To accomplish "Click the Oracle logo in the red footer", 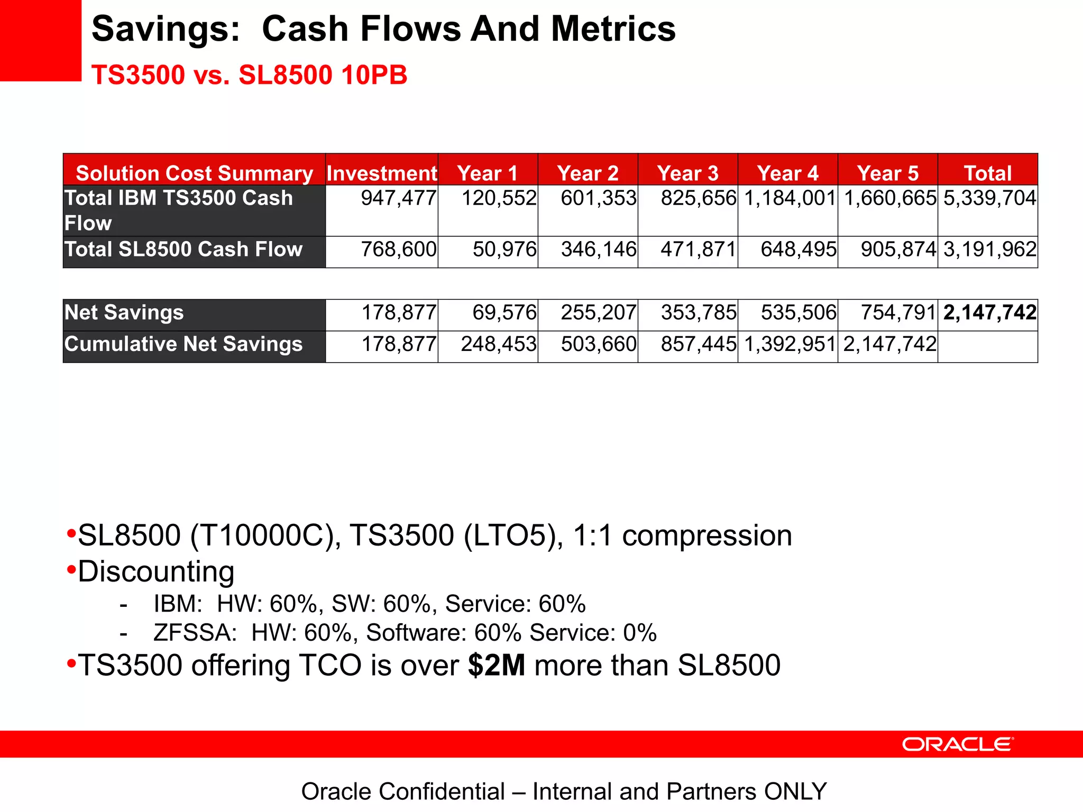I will click(x=957, y=744).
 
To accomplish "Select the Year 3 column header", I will click(x=687, y=173).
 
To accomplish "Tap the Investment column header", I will click(x=381, y=173).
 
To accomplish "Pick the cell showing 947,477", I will click(x=398, y=198).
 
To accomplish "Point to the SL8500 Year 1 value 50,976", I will click(x=504, y=249).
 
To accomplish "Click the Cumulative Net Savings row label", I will click(x=183, y=344).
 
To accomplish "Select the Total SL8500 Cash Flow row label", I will click(x=183, y=249).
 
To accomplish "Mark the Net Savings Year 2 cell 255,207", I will click(x=598, y=312).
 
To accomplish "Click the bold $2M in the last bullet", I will click(x=497, y=665).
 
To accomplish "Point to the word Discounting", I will click(x=156, y=571).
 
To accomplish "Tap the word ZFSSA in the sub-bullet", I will click(x=195, y=633).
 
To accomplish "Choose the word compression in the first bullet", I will click(x=707, y=536).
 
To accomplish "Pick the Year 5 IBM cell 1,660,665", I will click(x=890, y=198).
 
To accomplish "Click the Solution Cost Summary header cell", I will click(x=194, y=173).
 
